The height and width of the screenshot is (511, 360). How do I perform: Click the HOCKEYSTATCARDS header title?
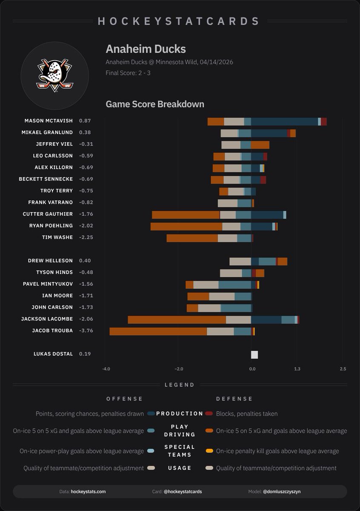(x=179, y=21)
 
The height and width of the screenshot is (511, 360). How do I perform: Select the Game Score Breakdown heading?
(x=155, y=104)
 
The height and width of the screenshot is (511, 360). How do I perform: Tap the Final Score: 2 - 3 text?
(x=128, y=73)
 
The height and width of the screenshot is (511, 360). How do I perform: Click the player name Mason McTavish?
(x=49, y=121)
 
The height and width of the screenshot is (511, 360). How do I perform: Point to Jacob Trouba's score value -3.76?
(x=86, y=331)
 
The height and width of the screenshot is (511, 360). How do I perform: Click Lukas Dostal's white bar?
(x=254, y=355)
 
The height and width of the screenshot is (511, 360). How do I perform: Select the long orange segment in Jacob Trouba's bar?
(x=158, y=331)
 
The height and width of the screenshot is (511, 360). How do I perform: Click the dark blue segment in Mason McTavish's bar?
(x=284, y=121)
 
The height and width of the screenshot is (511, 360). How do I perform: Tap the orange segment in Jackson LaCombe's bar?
(x=177, y=320)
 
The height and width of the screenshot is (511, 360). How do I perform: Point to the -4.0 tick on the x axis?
(x=106, y=369)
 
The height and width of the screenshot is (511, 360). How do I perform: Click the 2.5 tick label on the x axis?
(x=343, y=369)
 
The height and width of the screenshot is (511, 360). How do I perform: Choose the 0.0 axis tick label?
(x=252, y=369)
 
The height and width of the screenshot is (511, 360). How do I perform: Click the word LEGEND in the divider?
(x=180, y=385)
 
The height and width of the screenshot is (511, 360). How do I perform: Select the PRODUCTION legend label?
(x=180, y=413)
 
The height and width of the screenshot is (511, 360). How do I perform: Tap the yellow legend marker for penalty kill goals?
(x=209, y=451)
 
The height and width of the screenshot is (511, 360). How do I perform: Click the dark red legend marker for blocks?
(x=209, y=413)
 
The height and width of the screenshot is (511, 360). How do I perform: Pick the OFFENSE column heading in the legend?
(x=124, y=399)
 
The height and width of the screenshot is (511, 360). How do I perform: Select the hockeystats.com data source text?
(x=88, y=491)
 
